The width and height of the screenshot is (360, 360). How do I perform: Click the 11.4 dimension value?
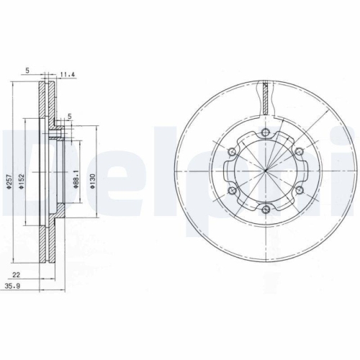tap(67, 73)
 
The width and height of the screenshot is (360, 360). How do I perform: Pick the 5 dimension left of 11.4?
tap(27, 70)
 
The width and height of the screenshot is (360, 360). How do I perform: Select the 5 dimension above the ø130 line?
tap(69, 116)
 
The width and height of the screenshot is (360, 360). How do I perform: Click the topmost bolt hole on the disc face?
tap(266, 133)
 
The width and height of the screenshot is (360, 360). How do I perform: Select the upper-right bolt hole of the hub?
tap(299, 152)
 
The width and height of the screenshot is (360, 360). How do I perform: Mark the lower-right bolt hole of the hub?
tap(299, 190)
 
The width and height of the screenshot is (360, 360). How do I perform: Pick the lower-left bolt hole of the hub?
tap(233, 190)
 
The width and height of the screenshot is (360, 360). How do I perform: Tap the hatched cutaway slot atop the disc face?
tap(266, 96)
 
